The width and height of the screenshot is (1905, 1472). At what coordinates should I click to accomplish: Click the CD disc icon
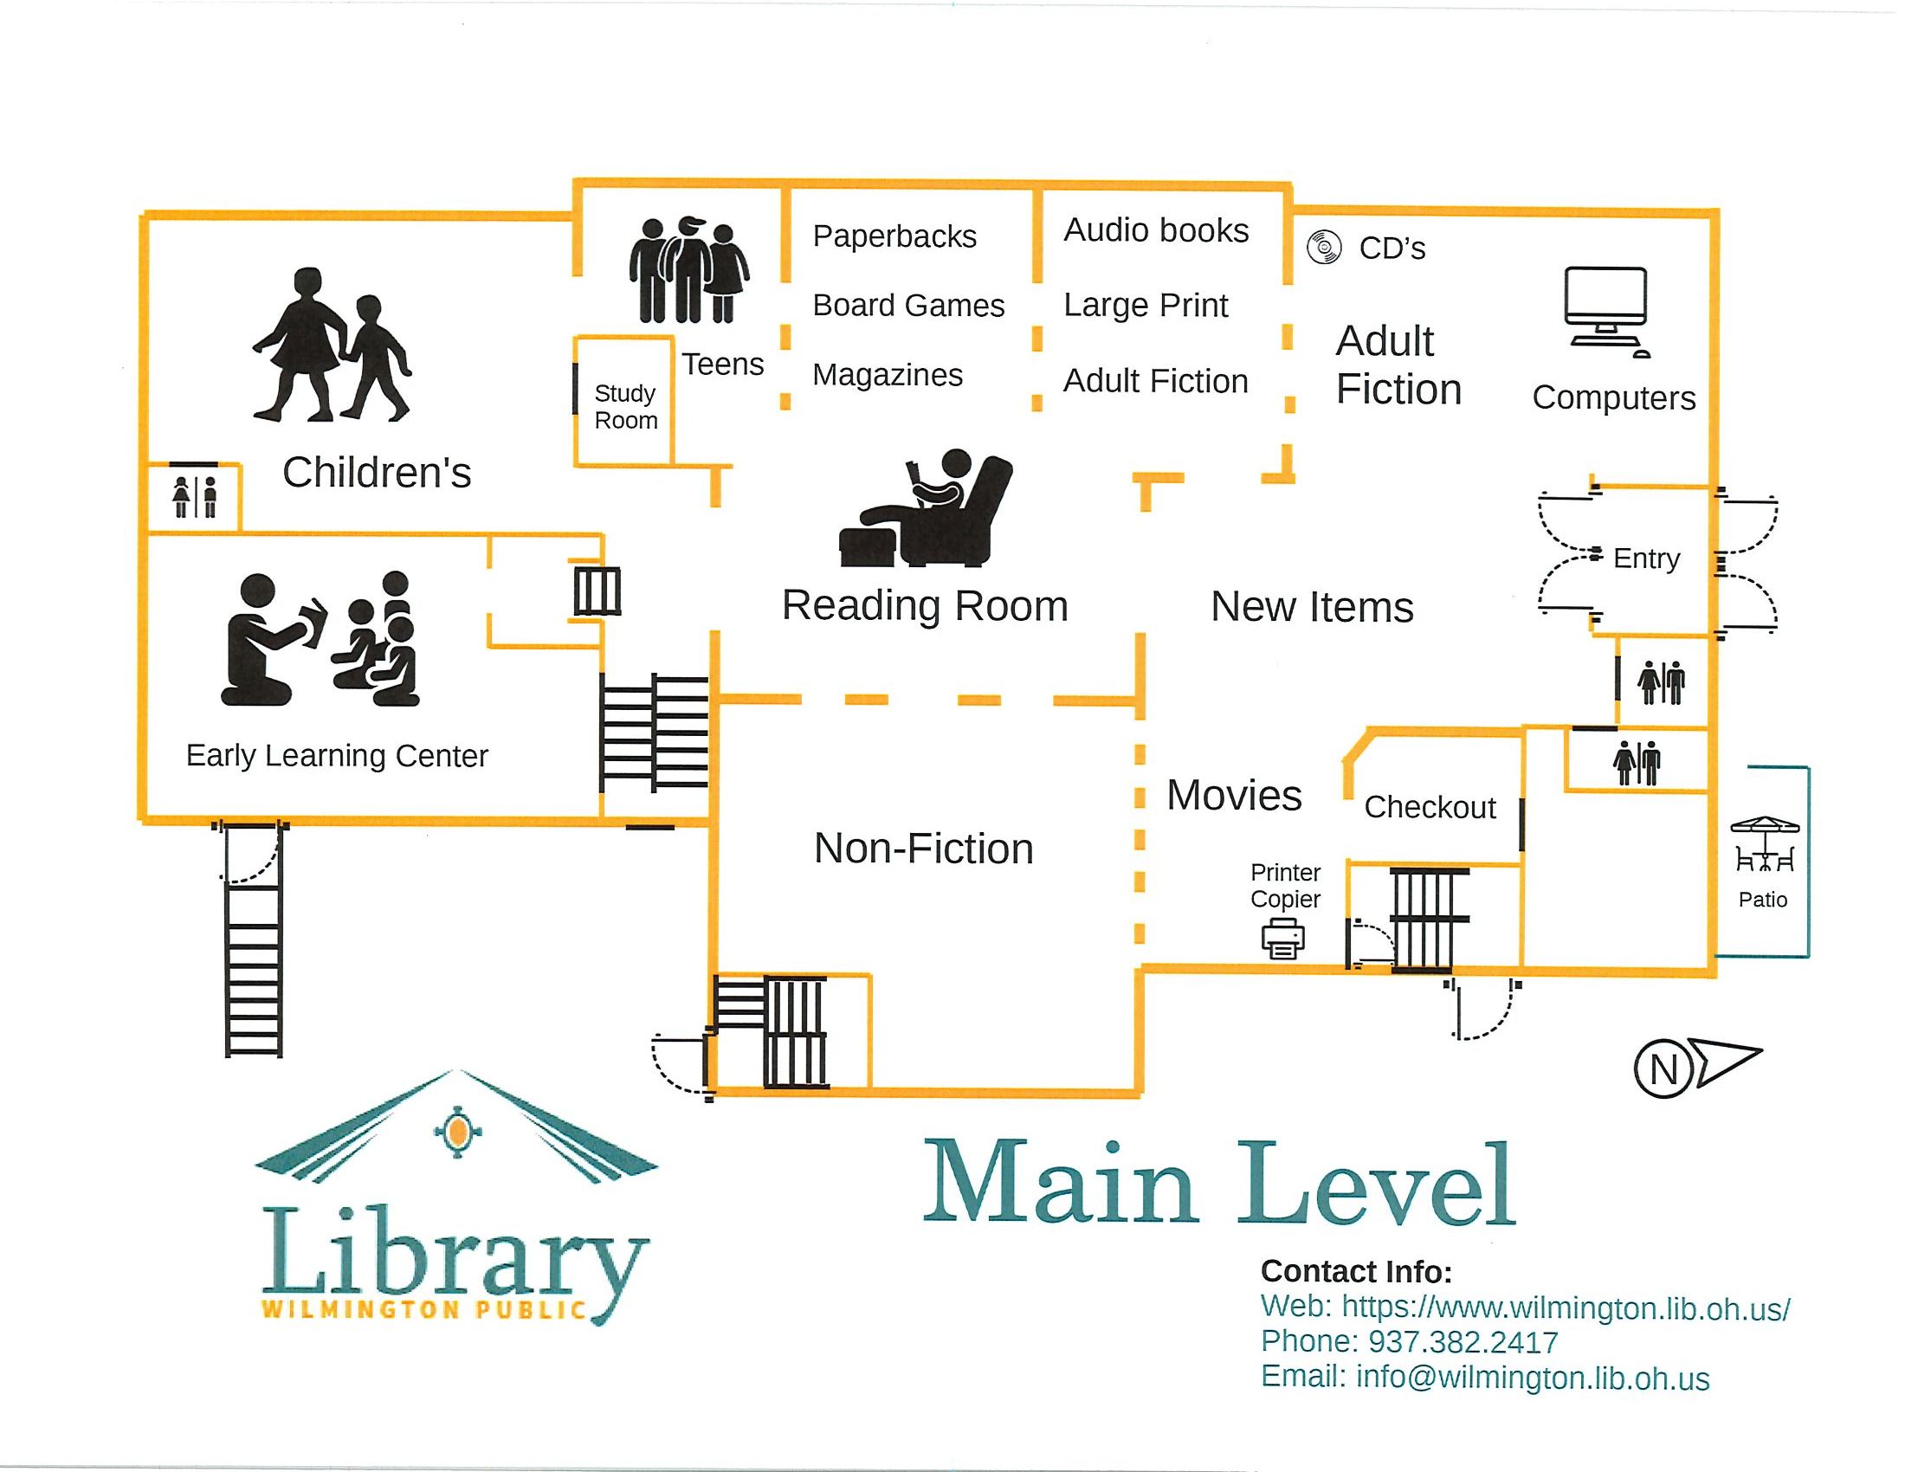pyautogui.click(x=1323, y=248)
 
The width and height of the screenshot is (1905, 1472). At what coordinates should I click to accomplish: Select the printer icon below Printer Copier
pyautogui.click(x=1282, y=939)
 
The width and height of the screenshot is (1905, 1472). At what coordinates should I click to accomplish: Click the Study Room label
pyautogui.click(x=625, y=406)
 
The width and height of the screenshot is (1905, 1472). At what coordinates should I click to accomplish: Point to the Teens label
pyautogui.click(x=722, y=364)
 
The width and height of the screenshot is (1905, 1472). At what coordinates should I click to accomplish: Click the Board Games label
pyautogui.click(x=908, y=305)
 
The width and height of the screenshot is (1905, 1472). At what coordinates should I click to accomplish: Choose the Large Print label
pyautogui.click(x=1146, y=305)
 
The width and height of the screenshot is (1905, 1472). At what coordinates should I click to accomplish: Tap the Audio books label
pyautogui.click(x=1156, y=230)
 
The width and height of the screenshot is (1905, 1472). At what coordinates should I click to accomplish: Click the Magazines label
pyautogui.click(x=887, y=375)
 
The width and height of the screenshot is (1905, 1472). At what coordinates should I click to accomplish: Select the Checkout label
pyautogui.click(x=1430, y=807)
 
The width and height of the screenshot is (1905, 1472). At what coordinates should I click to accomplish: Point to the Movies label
pyautogui.click(x=1234, y=795)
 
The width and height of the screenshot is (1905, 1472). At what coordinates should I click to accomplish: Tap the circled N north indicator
pyautogui.click(x=1663, y=1068)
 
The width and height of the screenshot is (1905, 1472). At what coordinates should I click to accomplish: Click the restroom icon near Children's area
pyautogui.click(x=195, y=497)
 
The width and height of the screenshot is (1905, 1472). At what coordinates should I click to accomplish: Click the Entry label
pyautogui.click(x=1646, y=558)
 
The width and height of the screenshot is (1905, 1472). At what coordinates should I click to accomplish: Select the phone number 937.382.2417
pyautogui.click(x=1463, y=1341)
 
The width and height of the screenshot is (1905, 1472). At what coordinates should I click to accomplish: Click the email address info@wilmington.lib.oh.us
pyautogui.click(x=1533, y=1377)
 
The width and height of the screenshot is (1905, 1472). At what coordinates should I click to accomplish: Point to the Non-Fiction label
pyautogui.click(x=924, y=849)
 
